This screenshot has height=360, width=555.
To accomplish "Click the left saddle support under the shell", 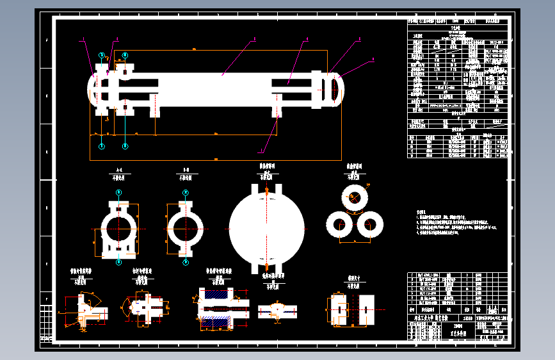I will click(155, 106).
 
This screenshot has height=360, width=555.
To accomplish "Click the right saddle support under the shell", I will click(277, 107).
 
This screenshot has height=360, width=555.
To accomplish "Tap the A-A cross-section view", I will click(118, 227).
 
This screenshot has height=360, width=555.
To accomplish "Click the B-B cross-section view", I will click(186, 227).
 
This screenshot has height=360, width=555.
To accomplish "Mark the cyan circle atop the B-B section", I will click(186, 192).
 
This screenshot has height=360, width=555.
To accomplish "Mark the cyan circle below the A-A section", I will click(118, 262).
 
